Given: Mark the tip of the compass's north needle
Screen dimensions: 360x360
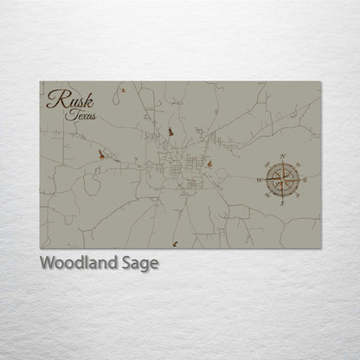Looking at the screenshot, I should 282,162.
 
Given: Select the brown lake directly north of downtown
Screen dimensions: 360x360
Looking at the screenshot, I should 171,132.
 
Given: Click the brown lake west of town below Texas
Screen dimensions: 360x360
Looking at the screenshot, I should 103,156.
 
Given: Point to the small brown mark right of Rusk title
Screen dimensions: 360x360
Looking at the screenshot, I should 122,89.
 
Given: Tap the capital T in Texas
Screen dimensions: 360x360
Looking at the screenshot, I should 74,114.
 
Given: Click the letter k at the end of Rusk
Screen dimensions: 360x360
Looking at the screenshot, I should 89,100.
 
